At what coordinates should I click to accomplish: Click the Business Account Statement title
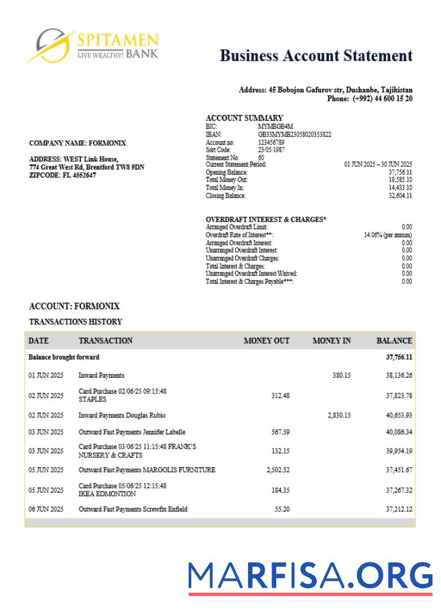(x=316, y=56)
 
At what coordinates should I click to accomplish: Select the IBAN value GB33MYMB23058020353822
(x=295, y=134)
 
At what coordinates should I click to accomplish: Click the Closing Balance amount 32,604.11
(x=400, y=196)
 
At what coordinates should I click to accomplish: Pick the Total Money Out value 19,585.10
(x=400, y=181)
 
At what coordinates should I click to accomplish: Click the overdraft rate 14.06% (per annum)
(x=388, y=235)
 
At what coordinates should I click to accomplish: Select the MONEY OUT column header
(x=266, y=341)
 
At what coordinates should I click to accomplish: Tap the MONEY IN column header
(x=331, y=341)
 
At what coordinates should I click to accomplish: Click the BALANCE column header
(x=394, y=341)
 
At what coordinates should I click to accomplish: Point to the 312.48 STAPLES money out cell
(x=280, y=395)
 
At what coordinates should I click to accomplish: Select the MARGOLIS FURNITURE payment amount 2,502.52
(x=277, y=470)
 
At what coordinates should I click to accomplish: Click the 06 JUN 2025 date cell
(x=46, y=509)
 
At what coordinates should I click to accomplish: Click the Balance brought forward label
(x=64, y=357)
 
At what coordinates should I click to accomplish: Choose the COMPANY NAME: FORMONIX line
(x=77, y=143)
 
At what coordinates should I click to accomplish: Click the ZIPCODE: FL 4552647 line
(x=62, y=175)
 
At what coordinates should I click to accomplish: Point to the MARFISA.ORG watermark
(x=310, y=577)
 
